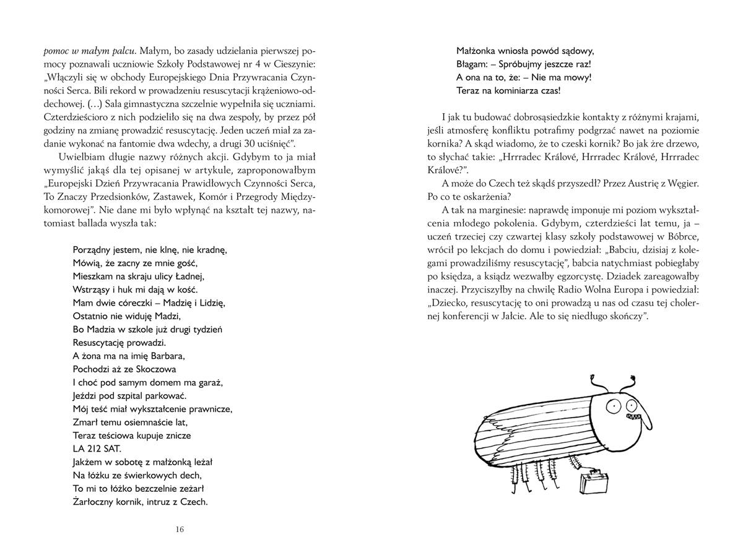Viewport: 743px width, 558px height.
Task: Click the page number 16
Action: click(x=180, y=529)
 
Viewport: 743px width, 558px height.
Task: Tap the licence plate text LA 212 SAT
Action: click(x=97, y=449)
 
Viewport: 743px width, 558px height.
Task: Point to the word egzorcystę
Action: click(x=584, y=276)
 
